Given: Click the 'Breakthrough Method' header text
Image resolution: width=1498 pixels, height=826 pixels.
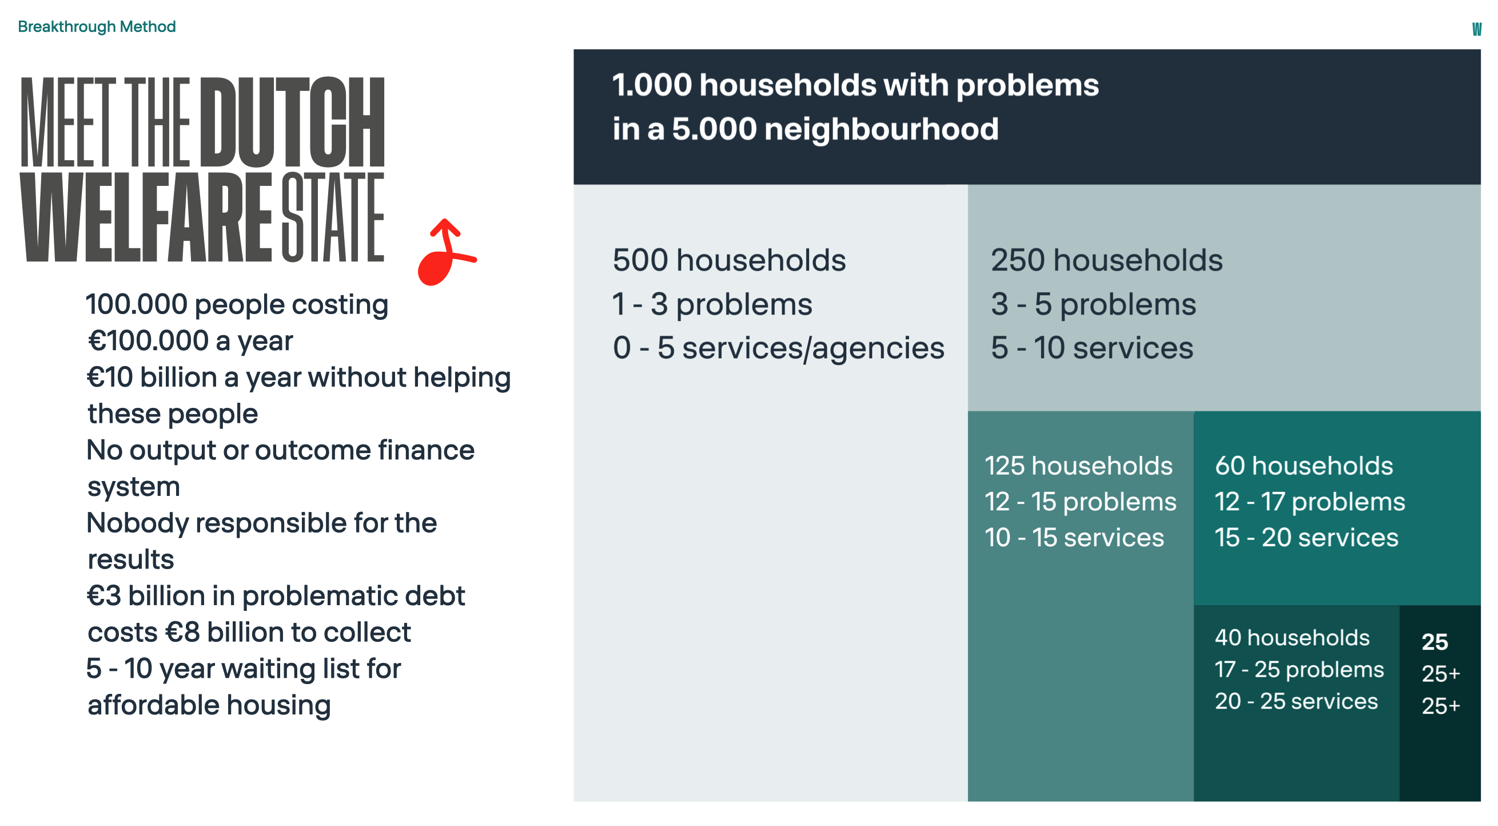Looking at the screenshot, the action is tap(97, 27).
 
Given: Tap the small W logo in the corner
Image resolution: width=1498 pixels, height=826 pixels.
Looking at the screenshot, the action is tap(1476, 29).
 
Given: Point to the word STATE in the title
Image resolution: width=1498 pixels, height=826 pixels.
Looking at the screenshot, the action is tap(333, 217).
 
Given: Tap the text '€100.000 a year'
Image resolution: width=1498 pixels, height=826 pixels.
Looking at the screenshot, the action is tap(190, 341).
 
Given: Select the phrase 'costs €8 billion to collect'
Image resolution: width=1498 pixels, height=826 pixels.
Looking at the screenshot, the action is tap(249, 633).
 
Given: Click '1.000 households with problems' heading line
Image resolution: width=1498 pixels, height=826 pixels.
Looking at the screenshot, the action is tap(855, 85).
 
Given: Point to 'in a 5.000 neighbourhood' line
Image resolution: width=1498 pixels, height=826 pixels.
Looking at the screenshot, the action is tap(806, 129).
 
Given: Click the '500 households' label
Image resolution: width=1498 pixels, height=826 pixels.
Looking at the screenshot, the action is tap(729, 260).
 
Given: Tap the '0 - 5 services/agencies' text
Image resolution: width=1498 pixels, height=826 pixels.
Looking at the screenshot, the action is tap(779, 348).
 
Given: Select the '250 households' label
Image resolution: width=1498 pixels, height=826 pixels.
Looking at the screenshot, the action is tap(1107, 260).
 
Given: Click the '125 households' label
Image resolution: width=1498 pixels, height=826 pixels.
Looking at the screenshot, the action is tap(1079, 466).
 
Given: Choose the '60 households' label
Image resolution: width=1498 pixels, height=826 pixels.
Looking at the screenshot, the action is tap(1304, 466).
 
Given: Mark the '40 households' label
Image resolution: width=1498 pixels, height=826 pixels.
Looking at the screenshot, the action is tap(1292, 638).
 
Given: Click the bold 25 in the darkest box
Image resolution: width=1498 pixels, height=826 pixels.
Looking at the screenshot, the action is tap(1435, 642).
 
